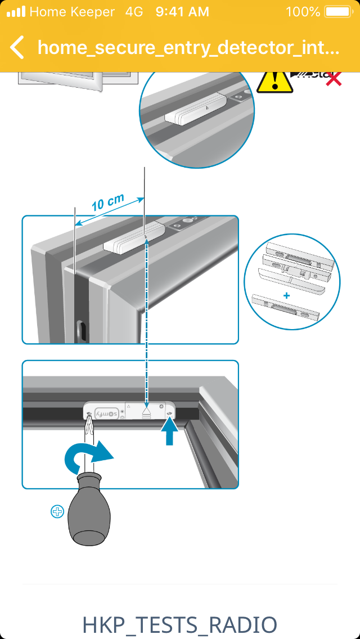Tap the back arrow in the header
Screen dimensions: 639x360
pyautogui.click(x=17, y=48)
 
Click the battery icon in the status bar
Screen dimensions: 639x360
pyautogui.click(x=337, y=12)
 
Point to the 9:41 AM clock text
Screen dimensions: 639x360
pyautogui.click(x=182, y=12)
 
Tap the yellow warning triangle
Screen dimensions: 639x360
pyautogui.click(x=274, y=82)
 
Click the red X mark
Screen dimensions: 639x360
pyautogui.click(x=334, y=79)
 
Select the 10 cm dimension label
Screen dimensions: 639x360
pyautogui.click(x=107, y=202)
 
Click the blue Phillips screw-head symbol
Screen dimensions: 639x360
pyautogui.click(x=57, y=512)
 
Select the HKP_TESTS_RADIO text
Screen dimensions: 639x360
pyautogui.click(x=179, y=625)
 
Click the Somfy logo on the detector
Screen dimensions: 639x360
pyautogui.click(x=106, y=413)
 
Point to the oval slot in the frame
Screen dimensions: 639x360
pyautogui.click(x=80, y=331)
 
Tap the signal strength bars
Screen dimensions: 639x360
pyautogui.click(x=15, y=12)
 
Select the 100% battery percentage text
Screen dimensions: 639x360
pyautogui.click(x=303, y=12)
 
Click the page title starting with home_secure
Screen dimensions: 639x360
pyautogui.click(x=188, y=48)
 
